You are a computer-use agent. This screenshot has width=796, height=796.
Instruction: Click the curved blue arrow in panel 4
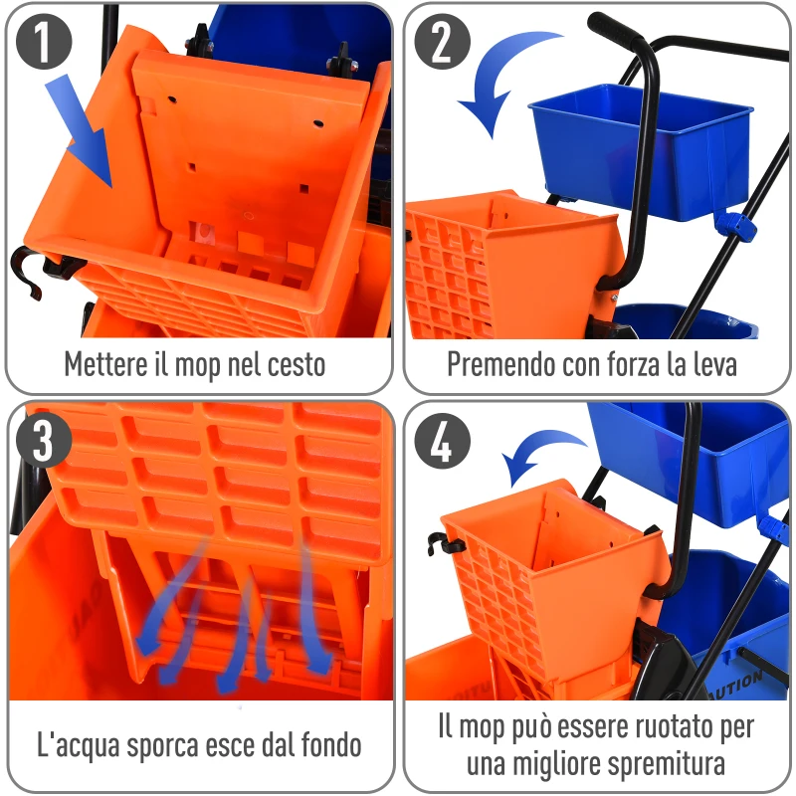542,453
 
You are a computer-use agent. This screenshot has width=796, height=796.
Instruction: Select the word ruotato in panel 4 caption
647,726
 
